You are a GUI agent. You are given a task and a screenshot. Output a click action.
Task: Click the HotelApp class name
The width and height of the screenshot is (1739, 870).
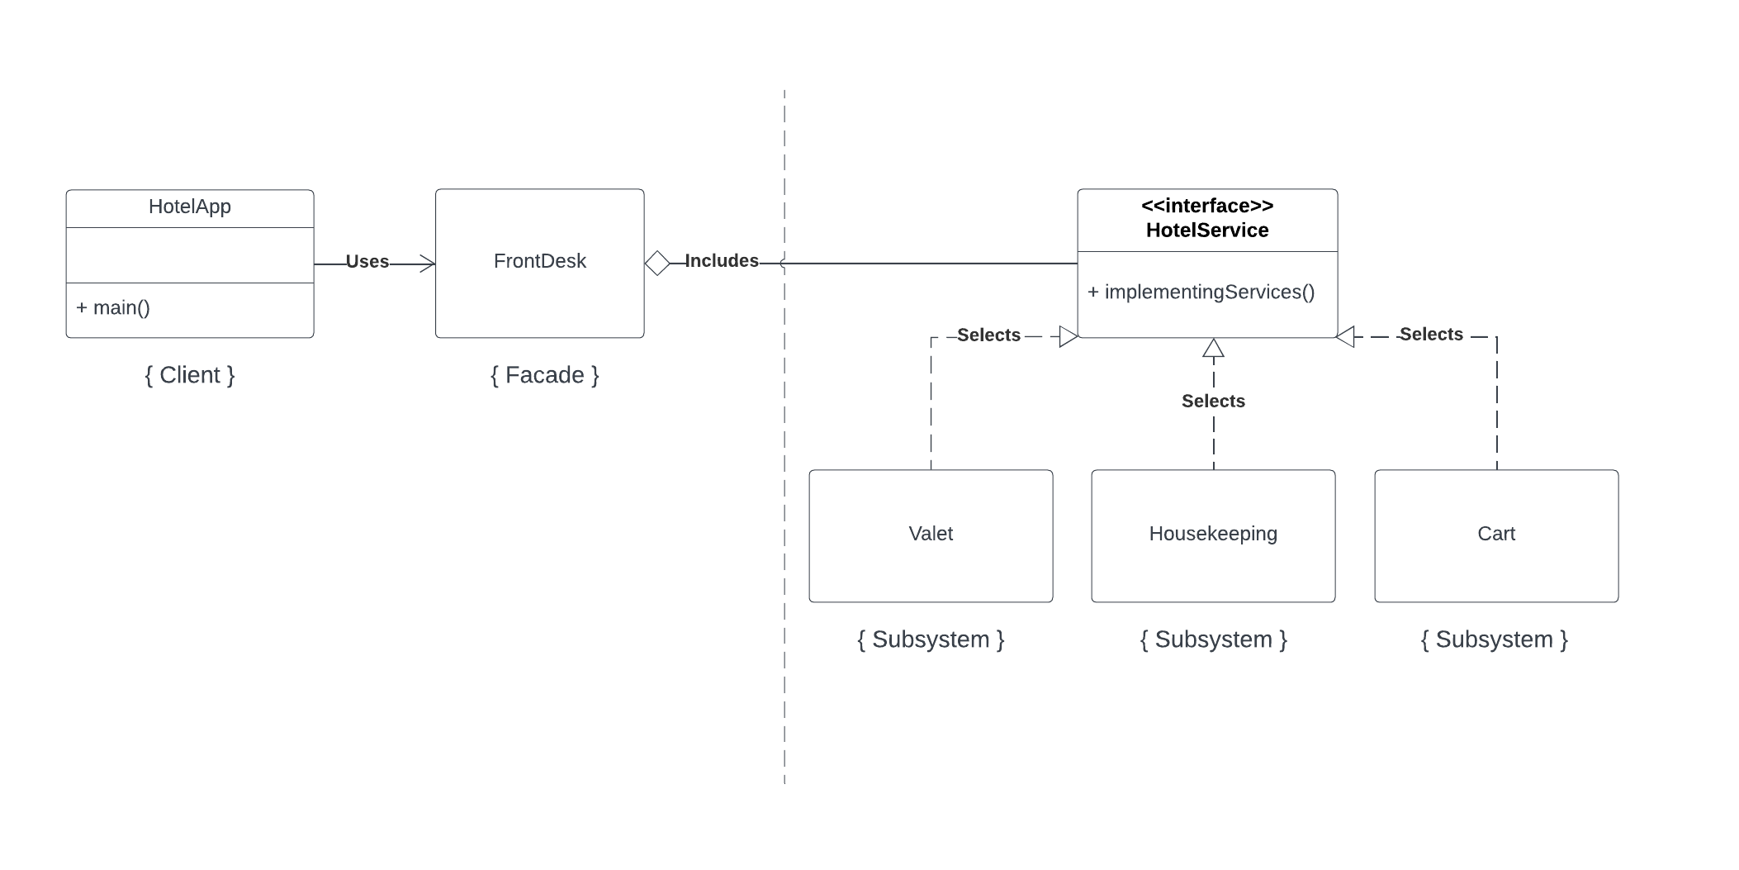tap(189, 207)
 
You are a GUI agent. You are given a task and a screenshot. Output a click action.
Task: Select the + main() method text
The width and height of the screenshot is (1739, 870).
tap(113, 308)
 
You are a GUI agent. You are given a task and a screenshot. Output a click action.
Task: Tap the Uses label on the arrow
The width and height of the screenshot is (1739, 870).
tap(367, 262)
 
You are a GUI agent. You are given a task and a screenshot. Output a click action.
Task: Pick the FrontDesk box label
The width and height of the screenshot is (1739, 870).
tap(539, 261)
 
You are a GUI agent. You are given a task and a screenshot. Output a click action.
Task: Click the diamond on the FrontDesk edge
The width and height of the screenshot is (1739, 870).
tap(657, 264)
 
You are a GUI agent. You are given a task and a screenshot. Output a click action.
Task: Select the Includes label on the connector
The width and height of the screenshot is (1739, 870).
tap(721, 261)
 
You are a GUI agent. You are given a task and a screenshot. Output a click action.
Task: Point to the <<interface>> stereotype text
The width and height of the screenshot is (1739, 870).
tap(1206, 206)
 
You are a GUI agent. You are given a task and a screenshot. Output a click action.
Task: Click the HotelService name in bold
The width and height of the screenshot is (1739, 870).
tap(1206, 231)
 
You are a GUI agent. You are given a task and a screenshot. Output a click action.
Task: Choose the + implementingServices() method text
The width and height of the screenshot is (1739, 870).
tap(1201, 292)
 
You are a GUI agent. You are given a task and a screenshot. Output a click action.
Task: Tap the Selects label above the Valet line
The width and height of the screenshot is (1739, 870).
tap(988, 335)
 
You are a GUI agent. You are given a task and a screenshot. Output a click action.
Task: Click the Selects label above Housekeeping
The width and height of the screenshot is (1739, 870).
tap(1212, 402)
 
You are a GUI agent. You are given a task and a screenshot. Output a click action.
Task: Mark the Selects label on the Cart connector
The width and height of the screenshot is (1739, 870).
tap(1430, 335)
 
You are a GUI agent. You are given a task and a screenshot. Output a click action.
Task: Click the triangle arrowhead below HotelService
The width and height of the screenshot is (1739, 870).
tap(1212, 349)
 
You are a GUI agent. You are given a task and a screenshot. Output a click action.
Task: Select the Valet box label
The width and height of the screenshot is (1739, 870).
tap(930, 534)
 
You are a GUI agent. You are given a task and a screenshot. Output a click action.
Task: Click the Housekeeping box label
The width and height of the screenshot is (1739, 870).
tap(1212, 534)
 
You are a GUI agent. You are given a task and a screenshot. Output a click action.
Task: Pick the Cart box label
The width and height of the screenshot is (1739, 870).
tap(1495, 534)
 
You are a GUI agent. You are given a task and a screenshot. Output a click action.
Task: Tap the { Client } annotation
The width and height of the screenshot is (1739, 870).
tap(189, 375)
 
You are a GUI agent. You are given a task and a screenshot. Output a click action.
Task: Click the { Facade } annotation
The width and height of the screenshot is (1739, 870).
tap(544, 375)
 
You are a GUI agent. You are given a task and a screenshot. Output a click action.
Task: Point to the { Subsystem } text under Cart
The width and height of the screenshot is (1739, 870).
tap(1494, 639)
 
